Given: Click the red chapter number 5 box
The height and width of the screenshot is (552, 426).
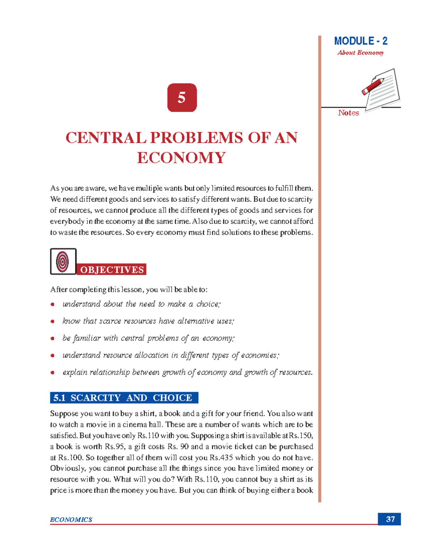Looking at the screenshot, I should (x=182, y=98).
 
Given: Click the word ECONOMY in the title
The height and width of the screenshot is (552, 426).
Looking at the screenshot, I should (x=181, y=158).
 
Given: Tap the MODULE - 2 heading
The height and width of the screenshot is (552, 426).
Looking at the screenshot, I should (x=360, y=41).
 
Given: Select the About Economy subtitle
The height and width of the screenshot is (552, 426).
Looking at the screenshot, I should (x=360, y=53).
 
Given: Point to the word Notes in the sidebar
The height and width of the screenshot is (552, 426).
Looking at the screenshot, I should (x=348, y=113).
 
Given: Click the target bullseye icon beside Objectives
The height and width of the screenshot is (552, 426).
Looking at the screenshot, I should (x=63, y=262).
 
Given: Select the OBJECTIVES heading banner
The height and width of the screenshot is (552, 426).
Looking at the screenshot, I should (x=112, y=270).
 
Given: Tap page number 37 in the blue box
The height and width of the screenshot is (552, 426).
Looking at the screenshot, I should (x=390, y=519).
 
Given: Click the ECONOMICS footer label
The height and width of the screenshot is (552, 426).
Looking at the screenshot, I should (x=71, y=520).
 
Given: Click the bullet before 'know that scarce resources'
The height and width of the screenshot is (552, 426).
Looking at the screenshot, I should (x=53, y=321).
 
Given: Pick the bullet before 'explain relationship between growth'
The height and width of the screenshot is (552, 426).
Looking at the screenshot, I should (x=53, y=373).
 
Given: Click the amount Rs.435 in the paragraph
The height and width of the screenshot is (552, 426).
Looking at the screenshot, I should (x=221, y=457).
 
